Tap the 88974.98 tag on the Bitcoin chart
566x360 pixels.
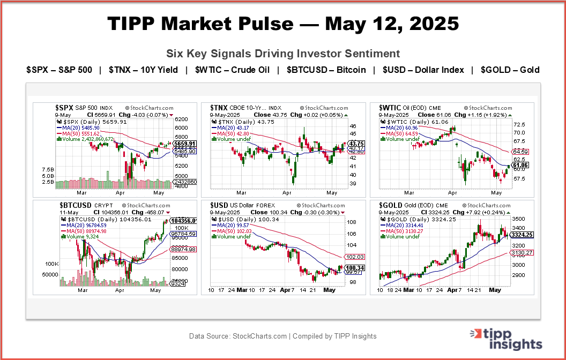183,249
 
